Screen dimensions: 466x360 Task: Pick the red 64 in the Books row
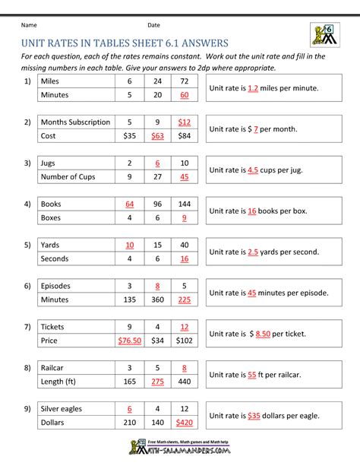(x=130, y=204)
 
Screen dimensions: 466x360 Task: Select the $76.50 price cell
(x=130, y=341)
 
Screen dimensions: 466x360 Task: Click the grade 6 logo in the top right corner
(x=324, y=35)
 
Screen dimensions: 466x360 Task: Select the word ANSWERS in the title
(x=195, y=43)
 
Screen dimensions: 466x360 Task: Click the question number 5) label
(x=27, y=245)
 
